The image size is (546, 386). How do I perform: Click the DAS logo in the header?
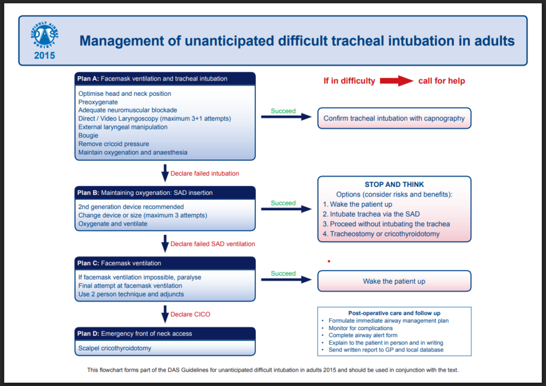(45, 35)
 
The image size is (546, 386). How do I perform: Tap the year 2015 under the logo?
(45, 56)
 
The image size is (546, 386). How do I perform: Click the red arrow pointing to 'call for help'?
(396, 81)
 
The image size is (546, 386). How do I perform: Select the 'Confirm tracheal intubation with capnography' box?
(394, 118)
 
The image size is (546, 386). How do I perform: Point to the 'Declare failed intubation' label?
(205, 174)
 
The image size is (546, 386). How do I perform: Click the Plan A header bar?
(165, 79)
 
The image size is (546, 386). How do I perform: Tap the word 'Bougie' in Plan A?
(88, 136)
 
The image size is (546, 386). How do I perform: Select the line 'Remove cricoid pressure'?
(114, 144)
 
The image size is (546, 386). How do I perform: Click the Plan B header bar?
(165, 193)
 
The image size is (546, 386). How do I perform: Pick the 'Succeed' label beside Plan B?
(283, 203)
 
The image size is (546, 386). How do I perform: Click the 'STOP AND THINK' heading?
(394, 185)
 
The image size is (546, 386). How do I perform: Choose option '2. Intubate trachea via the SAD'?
(371, 214)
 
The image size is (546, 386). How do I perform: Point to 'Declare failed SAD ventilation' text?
(213, 244)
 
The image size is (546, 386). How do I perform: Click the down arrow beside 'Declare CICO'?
(165, 314)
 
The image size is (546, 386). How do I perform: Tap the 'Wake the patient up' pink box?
(394, 281)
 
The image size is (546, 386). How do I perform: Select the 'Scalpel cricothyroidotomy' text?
(115, 348)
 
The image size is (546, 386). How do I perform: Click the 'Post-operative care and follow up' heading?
(394, 313)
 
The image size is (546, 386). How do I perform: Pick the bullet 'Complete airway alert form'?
(363, 335)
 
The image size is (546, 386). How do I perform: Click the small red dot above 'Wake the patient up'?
(328, 261)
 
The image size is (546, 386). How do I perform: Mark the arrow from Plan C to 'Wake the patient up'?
(286, 280)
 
